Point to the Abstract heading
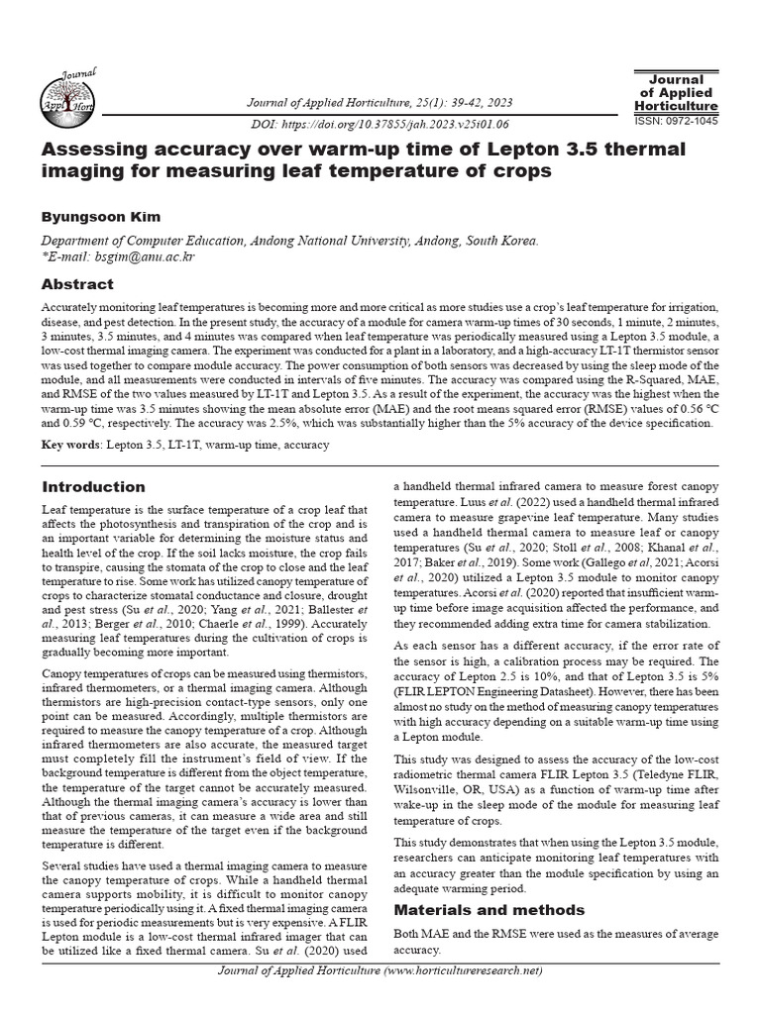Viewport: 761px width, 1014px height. [x=77, y=284]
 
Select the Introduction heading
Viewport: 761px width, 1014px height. [x=93, y=487]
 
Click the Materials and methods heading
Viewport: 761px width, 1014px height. [x=489, y=910]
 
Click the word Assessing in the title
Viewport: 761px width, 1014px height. [x=95, y=150]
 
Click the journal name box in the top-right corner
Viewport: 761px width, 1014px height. [x=676, y=92]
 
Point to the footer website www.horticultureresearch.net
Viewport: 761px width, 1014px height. [x=463, y=970]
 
